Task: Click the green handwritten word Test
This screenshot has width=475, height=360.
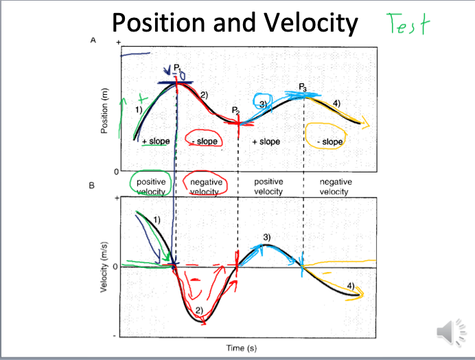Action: (x=408, y=25)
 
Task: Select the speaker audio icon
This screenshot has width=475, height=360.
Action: (x=447, y=332)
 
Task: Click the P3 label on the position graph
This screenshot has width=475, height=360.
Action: (x=303, y=87)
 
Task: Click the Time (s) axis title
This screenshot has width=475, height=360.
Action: (x=242, y=348)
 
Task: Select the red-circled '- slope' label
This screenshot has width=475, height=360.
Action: (x=205, y=141)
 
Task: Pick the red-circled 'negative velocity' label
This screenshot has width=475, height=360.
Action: (x=206, y=187)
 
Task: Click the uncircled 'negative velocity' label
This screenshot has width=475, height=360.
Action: (x=336, y=187)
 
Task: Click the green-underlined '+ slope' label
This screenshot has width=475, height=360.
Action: (x=155, y=141)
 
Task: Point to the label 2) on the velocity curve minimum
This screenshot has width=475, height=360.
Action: (x=198, y=311)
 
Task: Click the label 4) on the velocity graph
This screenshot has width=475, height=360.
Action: (x=351, y=284)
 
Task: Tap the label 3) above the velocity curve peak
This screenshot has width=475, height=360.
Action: (x=266, y=237)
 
